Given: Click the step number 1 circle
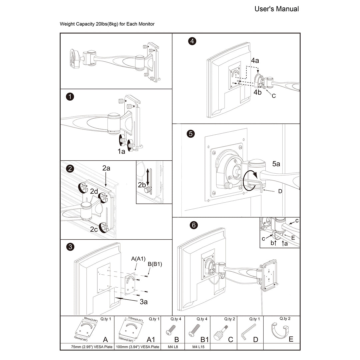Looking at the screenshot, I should (70, 97).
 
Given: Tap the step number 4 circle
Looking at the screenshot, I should (192, 41).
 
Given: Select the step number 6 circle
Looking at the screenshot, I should (193, 225).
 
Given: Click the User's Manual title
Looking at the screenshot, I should (276, 9).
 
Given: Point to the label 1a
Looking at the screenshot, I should (121, 151).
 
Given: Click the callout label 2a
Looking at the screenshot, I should (106, 168).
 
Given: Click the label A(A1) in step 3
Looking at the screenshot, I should (138, 259).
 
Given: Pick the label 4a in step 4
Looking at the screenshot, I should (255, 61).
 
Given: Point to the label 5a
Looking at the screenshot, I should (276, 164).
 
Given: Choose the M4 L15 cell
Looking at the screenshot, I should (198, 347).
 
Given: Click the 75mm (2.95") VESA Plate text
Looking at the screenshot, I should (87, 347).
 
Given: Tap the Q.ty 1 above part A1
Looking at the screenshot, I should (154, 319).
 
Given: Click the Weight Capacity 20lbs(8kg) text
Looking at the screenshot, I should (107, 24).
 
